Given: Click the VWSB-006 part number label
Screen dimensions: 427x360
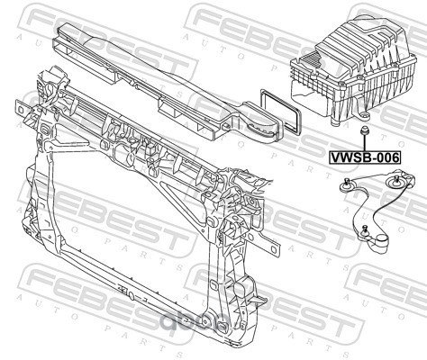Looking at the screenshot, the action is pos(365,157).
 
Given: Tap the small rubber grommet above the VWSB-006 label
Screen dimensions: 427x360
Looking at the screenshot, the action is pos(364,130).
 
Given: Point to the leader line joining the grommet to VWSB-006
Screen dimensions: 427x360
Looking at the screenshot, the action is pos(364,143).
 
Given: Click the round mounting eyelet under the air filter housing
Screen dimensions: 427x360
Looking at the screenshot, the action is pos(365,115).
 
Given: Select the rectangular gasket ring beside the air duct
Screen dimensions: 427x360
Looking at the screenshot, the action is pos(280,112).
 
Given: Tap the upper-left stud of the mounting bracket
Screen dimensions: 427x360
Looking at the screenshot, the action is pos(347,183).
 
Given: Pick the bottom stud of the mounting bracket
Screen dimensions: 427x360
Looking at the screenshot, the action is pos(365,229).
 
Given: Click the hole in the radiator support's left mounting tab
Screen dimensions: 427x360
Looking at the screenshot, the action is pos(21,110).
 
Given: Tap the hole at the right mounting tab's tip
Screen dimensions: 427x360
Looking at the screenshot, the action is pos(274,250).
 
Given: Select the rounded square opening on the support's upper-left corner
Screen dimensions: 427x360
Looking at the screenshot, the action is pos(44,130).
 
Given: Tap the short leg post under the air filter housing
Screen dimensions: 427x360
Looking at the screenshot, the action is pos(334,122).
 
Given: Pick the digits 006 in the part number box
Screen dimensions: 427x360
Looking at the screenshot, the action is pos(388,157).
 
